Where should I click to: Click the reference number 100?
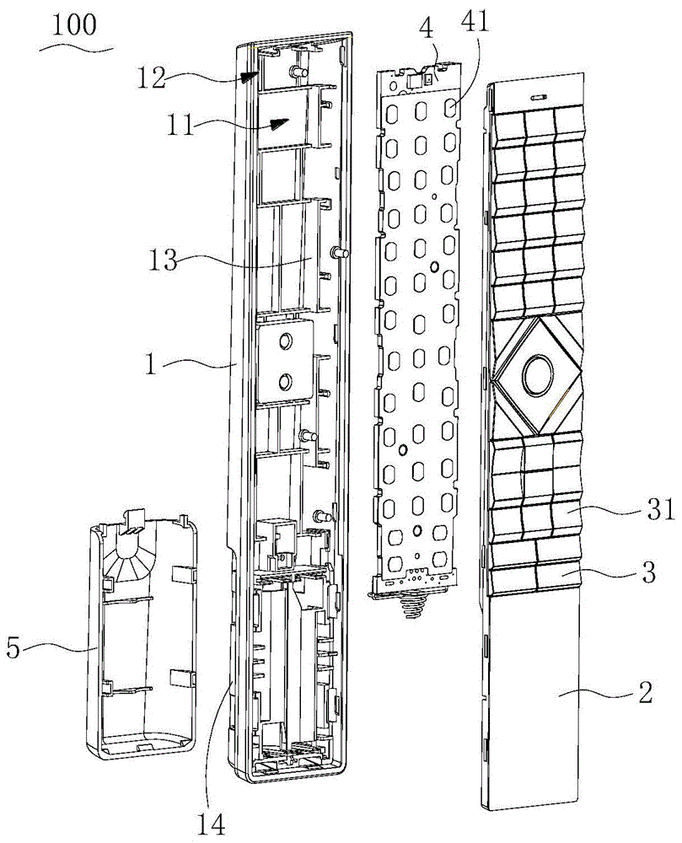coord(75,25)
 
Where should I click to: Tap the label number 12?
coord(151,78)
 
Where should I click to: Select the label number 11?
coord(180,126)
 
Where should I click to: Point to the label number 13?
coord(163,260)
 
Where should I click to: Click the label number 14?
coord(210,823)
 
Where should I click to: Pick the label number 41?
coord(475,22)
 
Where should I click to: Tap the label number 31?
coord(660,509)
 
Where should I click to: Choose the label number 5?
coord(13,647)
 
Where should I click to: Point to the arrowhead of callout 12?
coord(249,77)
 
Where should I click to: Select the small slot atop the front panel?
coord(539,97)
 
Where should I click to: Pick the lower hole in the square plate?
coord(284,382)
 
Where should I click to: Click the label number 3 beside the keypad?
coord(649,572)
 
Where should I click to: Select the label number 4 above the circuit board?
coord(427,29)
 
